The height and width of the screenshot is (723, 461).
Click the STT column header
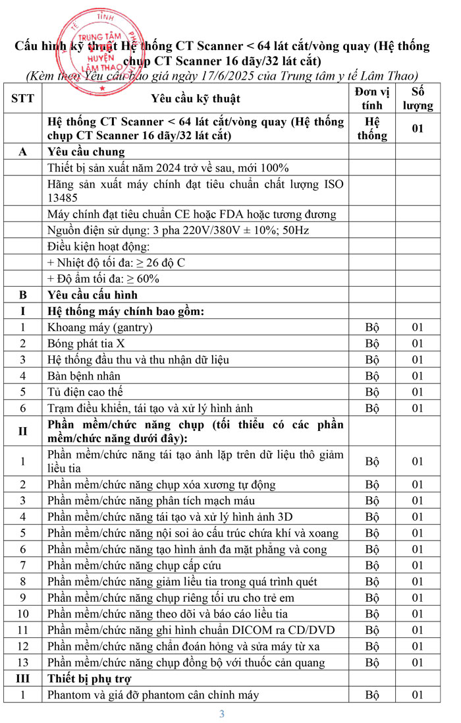pos(23,98)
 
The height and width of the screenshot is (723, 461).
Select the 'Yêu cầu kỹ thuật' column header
pos(196,98)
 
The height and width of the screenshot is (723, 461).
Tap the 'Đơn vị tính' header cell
pos(372,98)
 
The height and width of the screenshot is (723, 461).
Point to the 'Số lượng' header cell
pos(418,98)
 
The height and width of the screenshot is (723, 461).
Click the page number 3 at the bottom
pos(222,714)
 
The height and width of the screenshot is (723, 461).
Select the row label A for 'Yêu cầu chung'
pos(23,151)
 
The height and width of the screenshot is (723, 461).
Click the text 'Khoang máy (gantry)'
pos(100,327)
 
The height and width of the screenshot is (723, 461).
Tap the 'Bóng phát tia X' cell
pos(86,343)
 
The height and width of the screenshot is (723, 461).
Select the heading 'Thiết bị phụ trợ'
pos(90,678)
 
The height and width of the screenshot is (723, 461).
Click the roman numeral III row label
pos(23,678)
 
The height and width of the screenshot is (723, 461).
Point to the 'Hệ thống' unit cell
pos(372,129)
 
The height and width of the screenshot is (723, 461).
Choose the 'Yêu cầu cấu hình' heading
pos(93,295)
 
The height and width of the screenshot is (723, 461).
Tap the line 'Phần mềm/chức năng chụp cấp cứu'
pos(134,565)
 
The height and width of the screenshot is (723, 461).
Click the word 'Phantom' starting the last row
pos(68,695)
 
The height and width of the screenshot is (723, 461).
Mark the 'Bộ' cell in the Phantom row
pos(372,695)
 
